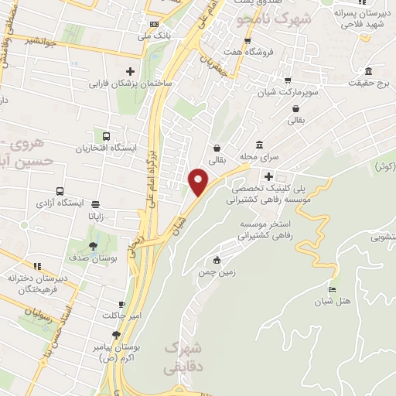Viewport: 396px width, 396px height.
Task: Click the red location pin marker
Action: coord(199,182)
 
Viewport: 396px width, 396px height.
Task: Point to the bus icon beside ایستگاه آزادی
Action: coord(60,191)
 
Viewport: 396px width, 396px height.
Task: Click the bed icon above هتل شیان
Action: coord(333,289)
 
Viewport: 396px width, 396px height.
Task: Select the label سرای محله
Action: coord(258,155)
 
